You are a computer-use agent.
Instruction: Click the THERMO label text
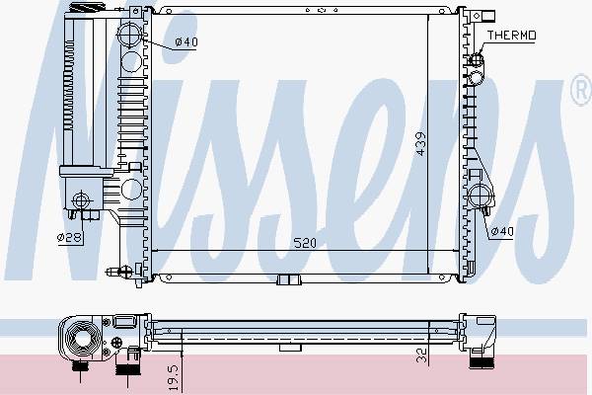(x=511, y=36)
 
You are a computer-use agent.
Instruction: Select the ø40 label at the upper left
(x=186, y=41)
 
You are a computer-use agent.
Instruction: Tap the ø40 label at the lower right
(x=502, y=231)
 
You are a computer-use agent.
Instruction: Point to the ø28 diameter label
(x=69, y=237)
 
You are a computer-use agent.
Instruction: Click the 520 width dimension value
(x=305, y=243)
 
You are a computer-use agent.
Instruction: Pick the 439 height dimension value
(x=420, y=143)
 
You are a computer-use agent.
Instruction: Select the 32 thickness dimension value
(x=421, y=355)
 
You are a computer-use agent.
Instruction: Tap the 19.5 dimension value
(x=174, y=377)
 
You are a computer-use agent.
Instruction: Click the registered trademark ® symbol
(x=582, y=90)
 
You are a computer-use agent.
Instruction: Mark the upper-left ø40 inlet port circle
(x=129, y=35)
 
